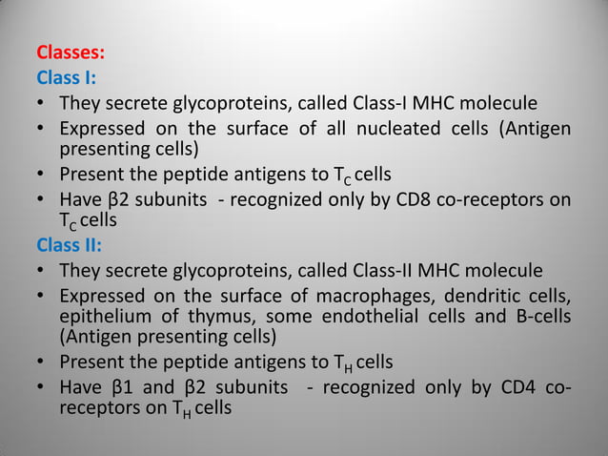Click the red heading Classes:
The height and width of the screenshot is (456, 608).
tap(71, 52)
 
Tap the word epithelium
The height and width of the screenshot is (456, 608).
tap(104, 316)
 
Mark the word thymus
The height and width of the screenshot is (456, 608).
tap(214, 316)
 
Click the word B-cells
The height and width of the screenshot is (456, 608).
tap(538, 316)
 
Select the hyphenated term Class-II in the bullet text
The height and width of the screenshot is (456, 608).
tap(402, 270)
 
